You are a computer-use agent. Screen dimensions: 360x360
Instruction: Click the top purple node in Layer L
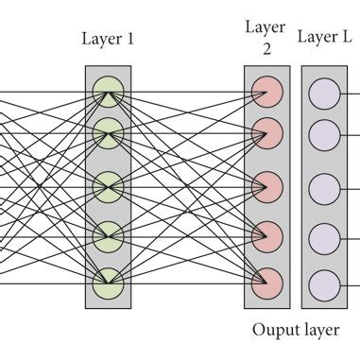[x=324, y=92]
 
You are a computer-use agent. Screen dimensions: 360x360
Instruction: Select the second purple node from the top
[x=324, y=132]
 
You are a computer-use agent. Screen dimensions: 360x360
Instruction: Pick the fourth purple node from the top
[x=324, y=234]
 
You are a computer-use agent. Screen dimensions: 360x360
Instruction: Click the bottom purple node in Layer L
[x=324, y=281]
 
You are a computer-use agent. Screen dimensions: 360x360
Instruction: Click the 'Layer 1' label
[x=108, y=39]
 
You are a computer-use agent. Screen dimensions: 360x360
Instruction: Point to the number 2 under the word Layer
[x=266, y=50]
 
